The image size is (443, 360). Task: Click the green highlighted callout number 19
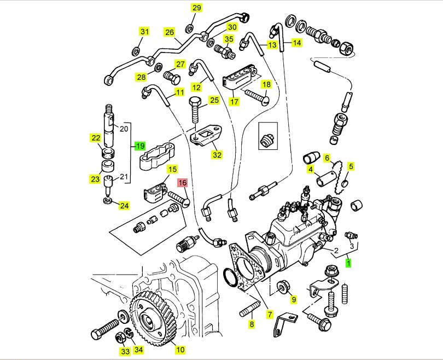[x=140, y=146]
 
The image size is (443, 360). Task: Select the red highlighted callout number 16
[x=182, y=183]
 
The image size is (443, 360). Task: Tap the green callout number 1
[x=348, y=263]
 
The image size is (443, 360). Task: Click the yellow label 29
[x=196, y=8]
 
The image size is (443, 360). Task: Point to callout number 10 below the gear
[x=180, y=349]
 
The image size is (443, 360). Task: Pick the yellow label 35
[x=229, y=39]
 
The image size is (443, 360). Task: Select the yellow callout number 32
[x=217, y=155]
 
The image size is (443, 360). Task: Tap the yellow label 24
[x=124, y=206]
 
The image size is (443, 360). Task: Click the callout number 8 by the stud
[x=252, y=324]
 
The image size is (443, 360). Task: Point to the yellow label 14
[x=296, y=42]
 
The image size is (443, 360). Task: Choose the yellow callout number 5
[x=351, y=166]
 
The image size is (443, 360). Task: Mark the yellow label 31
[x=144, y=32]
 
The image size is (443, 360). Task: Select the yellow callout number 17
[x=234, y=102]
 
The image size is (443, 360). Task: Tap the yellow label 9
[x=293, y=299]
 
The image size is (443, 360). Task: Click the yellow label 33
[x=125, y=351]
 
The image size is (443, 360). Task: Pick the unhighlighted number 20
[x=123, y=129]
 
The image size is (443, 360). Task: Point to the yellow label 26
[x=170, y=32]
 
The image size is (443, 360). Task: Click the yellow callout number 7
[x=270, y=315]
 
